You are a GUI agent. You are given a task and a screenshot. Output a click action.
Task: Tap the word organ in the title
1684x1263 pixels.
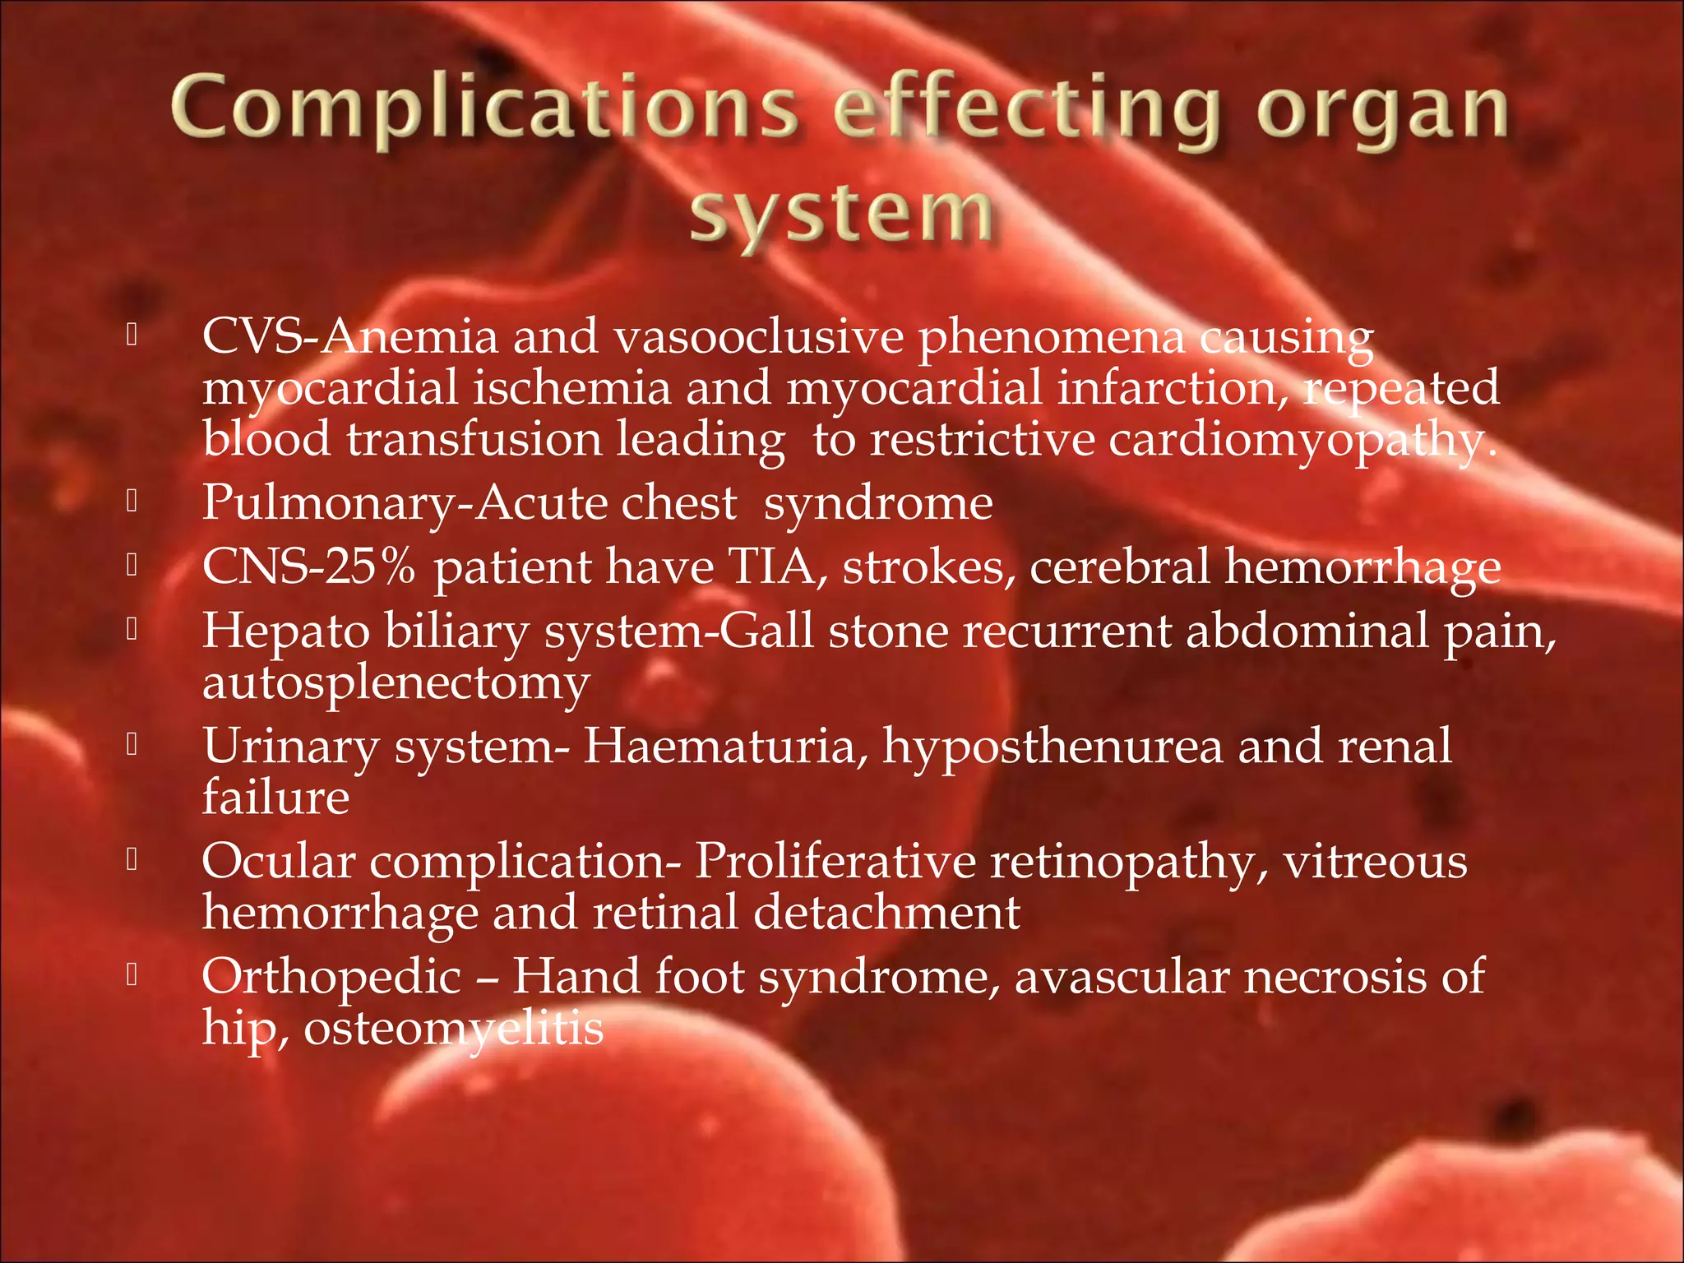[1381, 111]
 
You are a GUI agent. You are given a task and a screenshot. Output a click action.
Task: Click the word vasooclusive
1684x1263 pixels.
[757, 337]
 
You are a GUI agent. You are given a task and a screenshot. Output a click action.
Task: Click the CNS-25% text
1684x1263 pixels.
[309, 567]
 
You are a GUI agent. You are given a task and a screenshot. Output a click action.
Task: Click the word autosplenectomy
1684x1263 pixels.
[396, 683]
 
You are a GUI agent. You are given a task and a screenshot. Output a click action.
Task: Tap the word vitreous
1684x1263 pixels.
[1375, 862]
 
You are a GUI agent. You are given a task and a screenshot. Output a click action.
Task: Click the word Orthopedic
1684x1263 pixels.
[331, 977]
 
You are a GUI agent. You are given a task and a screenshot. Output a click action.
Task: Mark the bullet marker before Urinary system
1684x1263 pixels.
[132, 744]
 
